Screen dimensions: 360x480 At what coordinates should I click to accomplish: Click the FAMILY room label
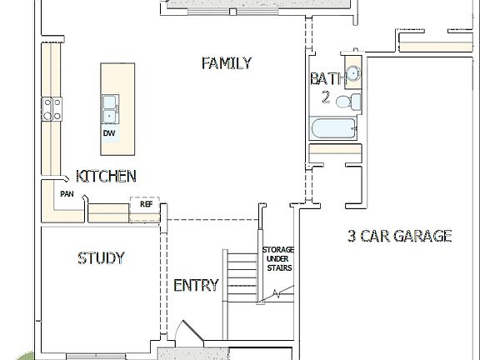(x=226, y=63)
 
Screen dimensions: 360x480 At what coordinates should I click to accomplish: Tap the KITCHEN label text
(x=106, y=177)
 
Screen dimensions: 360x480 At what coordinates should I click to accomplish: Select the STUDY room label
(x=101, y=258)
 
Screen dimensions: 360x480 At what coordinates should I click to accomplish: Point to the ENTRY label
(x=196, y=286)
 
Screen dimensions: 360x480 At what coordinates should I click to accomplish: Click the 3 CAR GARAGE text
(x=399, y=236)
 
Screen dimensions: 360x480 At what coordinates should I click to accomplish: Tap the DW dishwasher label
(x=109, y=133)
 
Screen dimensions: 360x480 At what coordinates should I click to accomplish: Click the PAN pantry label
(x=67, y=194)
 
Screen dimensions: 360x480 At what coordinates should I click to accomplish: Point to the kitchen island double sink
(x=109, y=107)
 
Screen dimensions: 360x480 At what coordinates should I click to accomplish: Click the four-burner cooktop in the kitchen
(x=52, y=109)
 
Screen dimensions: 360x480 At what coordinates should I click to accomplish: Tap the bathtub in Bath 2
(x=335, y=129)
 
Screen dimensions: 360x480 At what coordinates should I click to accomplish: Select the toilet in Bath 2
(x=353, y=102)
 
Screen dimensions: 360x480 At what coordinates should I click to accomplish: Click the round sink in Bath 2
(x=352, y=75)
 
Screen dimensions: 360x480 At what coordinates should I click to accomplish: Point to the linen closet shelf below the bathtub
(x=335, y=152)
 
